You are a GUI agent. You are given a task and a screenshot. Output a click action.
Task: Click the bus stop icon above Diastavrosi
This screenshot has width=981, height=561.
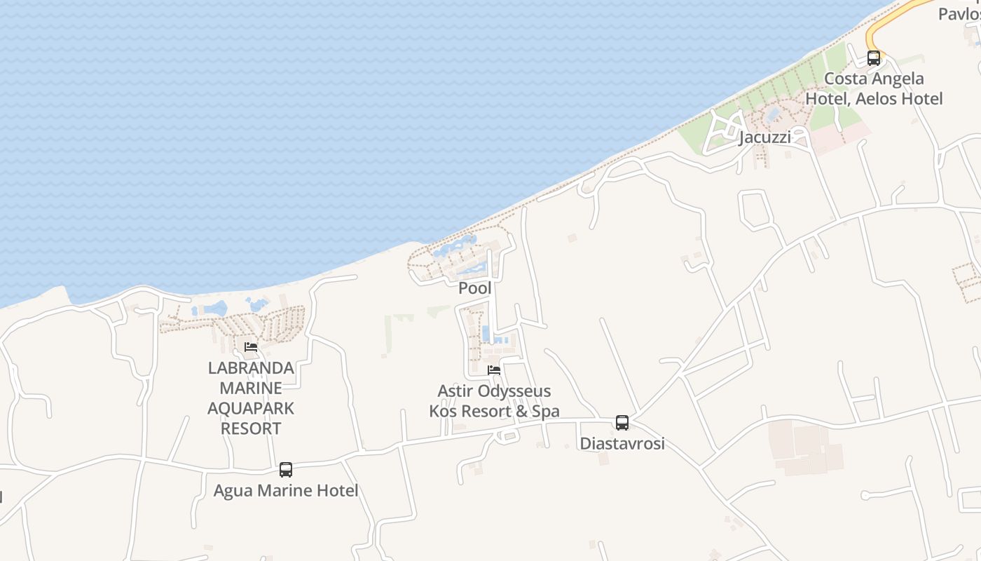pos(622,422)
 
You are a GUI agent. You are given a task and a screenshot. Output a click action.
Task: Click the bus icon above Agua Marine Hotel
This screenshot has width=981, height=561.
pos(286,470)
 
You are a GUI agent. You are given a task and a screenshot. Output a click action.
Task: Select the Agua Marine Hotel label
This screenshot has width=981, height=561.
pos(286,491)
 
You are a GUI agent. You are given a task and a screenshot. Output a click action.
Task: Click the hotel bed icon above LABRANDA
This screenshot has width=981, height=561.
pos(251,347)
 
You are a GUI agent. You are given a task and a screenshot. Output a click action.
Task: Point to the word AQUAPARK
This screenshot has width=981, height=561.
pos(251,408)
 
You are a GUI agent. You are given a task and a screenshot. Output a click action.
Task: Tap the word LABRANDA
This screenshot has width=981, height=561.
pos(251,368)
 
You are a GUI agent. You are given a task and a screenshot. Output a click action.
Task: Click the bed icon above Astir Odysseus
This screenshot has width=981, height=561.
pos(494,370)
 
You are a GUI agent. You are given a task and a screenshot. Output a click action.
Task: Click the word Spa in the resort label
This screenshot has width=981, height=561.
pos(545,412)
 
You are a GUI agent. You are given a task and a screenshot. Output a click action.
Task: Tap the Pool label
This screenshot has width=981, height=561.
pos(475,288)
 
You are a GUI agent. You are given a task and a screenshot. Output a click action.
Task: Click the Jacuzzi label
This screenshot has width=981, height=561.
pos(765,137)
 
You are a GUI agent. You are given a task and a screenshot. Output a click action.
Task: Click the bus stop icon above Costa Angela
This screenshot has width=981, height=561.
pos(874,58)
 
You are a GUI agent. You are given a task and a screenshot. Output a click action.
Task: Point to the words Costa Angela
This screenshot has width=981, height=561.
pos(874,79)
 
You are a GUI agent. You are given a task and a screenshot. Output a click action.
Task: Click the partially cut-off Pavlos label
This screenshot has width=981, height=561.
pos(959,13)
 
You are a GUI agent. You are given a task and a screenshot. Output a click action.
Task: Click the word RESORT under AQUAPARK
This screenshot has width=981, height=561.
pos(251,428)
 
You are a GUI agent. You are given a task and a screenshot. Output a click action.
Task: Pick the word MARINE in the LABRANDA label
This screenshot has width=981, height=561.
pos(251,388)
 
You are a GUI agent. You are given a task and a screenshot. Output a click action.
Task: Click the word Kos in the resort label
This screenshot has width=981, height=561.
pos(443,412)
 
